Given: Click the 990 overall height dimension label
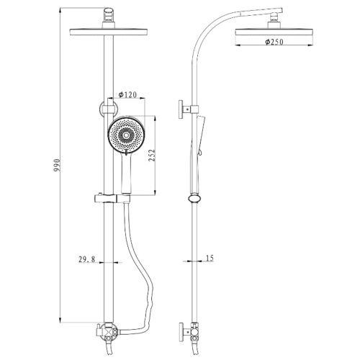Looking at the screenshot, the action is tap(57, 165).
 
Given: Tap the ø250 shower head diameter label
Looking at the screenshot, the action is tap(274, 42).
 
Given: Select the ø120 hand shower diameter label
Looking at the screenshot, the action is tap(127, 95).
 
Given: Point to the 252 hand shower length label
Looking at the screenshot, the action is tap(152, 156).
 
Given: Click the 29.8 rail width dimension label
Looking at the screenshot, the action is tap(87, 259).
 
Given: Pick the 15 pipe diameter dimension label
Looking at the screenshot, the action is tap(210, 258).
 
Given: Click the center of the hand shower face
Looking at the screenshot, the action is tap(125, 135).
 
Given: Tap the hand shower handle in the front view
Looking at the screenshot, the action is tap(126, 174).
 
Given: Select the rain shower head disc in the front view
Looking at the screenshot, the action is tap(108, 32).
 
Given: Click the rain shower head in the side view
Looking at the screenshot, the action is tap(274, 33).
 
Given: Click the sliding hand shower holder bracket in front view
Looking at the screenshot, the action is tap(112, 199).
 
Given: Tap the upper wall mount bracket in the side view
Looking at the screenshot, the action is tap(188, 109).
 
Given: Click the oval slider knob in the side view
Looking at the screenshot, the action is tap(194, 199).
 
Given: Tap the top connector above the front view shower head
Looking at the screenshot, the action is tap(109, 17).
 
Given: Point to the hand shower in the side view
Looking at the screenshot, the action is tap(197, 153).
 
